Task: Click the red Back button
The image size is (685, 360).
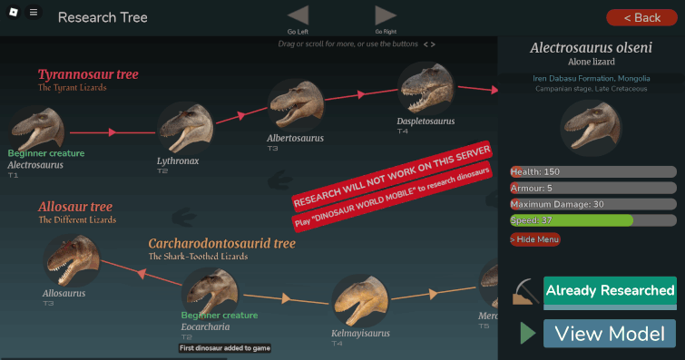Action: coord(640,17)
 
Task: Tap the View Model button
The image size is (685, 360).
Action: coord(610,334)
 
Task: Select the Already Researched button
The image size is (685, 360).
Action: coord(610,291)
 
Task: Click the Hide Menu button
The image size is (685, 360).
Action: coord(534,239)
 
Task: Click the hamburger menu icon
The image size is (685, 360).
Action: coord(34,13)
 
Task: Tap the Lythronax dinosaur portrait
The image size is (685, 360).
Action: coord(185,128)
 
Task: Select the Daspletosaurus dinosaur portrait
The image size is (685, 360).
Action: coord(426,88)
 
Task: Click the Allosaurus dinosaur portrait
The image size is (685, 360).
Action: coord(70,261)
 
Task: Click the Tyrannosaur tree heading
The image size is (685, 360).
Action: coord(88,74)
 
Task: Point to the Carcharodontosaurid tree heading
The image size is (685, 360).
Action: coord(222,243)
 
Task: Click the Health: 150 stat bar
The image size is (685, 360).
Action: coord(592,171)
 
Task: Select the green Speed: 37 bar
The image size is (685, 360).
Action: coord(572,220)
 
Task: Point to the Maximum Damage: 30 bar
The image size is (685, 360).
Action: coord(592,204)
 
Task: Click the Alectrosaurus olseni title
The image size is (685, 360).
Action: coord(592,47)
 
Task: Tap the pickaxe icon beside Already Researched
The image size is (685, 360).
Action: coord(524,293)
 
